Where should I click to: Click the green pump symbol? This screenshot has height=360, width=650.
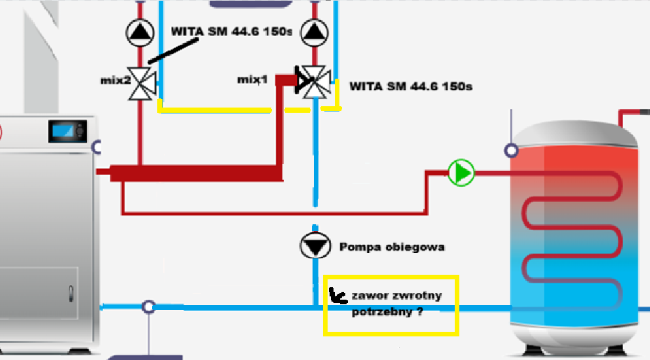462,173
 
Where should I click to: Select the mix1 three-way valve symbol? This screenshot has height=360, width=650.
315,81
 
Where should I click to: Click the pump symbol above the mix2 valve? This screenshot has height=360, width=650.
139,31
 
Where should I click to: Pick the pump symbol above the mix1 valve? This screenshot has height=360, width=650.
315,31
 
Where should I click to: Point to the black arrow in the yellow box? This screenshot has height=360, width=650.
337,296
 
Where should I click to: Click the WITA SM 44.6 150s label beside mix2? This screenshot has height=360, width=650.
231,31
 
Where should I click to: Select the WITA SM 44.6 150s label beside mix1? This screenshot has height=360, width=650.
411,86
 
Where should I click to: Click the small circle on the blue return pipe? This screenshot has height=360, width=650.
149,307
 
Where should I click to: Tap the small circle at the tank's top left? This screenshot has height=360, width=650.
511,151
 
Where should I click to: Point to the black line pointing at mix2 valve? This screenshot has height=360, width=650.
174,50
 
